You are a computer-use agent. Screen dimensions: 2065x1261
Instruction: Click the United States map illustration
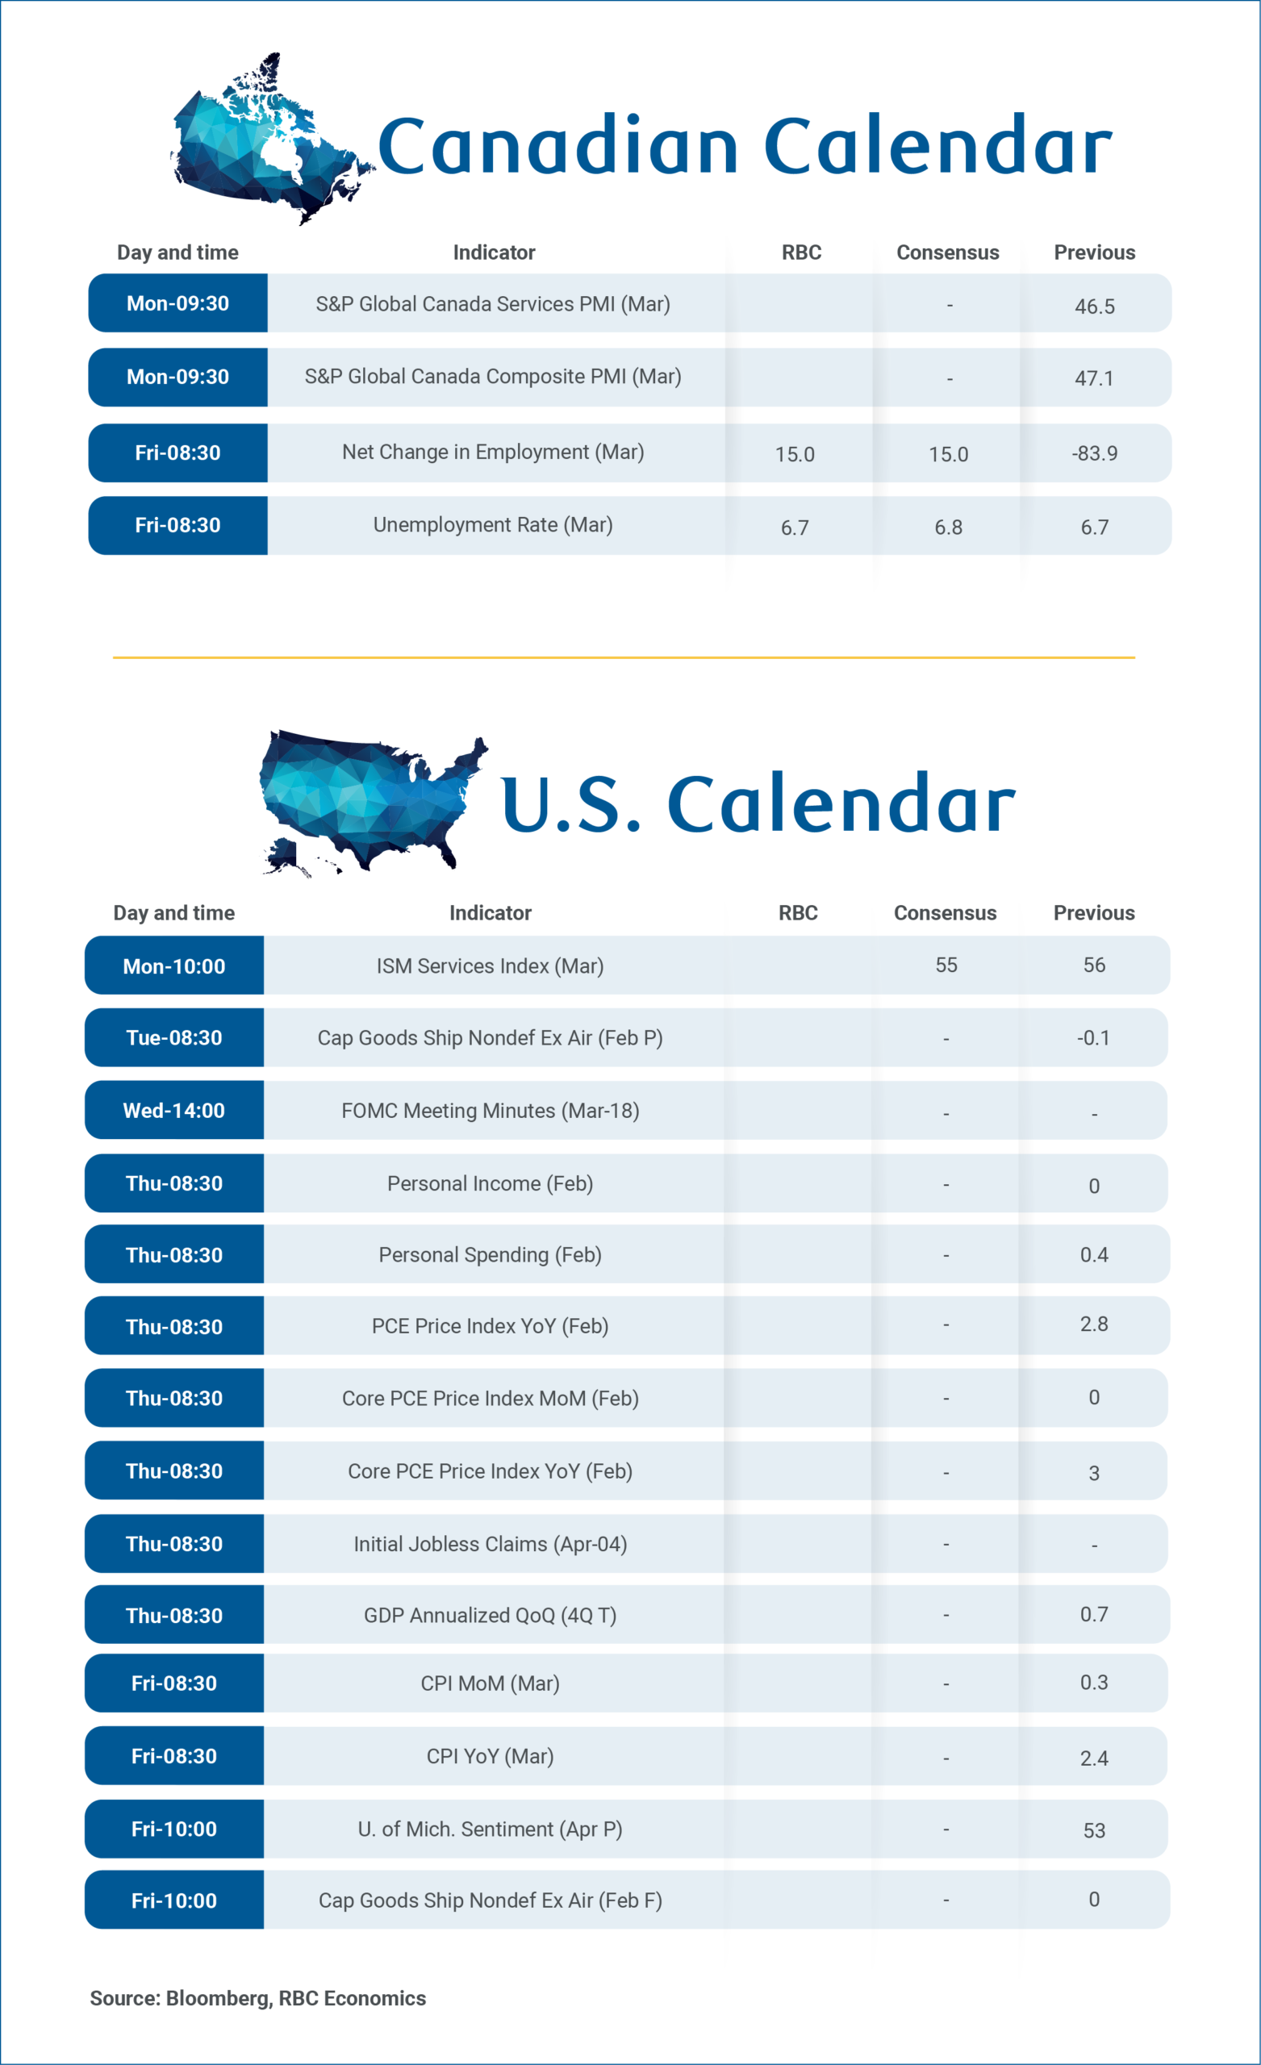click(x=369, y=800)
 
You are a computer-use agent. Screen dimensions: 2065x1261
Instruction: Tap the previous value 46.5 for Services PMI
click(x=1094, y=307)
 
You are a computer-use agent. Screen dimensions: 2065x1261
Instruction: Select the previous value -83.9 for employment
click(x=1094, y=453)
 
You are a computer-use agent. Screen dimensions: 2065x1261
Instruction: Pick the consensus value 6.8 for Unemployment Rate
click(x=948, y=528)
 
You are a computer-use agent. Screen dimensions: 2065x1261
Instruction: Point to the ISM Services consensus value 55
click(x=946, y=965)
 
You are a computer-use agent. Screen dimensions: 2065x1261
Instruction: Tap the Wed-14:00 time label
click(x=174, y=1111)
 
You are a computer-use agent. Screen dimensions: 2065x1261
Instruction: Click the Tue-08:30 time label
click(x=174, y=1037)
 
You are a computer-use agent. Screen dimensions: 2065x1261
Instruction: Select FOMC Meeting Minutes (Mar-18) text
click(x=491, y=1111)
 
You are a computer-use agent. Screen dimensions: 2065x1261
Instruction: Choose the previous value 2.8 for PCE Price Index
click(x=1093, y=1325)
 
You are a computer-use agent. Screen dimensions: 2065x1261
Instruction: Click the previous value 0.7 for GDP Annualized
click(x=1093, y=1614)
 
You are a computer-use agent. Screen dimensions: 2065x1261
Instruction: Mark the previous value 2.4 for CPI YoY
click(x=1093, y=1758)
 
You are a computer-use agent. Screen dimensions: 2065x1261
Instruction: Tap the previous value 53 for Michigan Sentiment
click(x=1093, y=1830)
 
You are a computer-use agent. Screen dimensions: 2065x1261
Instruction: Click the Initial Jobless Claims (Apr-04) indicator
click(x=491, y=1544)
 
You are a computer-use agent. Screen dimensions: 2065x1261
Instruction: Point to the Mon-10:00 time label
click(x=174, y=966)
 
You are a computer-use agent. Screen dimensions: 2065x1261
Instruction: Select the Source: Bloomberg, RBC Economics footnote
click(x=257, y=1998)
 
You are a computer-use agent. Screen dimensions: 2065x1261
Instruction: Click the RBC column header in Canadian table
click(x=800, y=252)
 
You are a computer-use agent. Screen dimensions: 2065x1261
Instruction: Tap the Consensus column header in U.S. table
click(x=945, y=912)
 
